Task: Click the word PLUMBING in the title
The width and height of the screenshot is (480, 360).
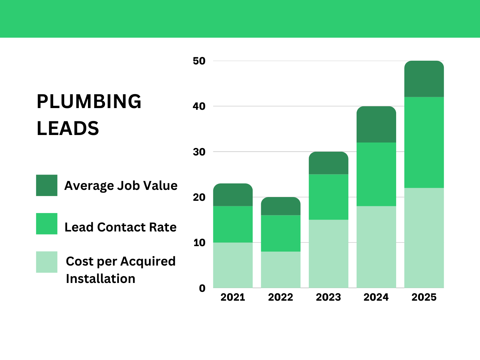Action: coord(89,102)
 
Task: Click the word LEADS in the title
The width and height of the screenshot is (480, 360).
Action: coord(67,129)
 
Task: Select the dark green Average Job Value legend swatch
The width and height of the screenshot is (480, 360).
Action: coord(47,185)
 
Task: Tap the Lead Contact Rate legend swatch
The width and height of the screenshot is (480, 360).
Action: coord(47,224)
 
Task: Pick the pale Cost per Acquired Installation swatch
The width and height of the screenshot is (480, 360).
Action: coord(47,262)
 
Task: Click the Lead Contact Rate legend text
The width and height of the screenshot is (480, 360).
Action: coord(120,227)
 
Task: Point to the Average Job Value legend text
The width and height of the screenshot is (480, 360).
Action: coord(121,186)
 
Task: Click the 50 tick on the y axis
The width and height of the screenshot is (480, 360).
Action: coord(199,61)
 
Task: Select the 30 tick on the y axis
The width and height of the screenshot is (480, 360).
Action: coord(199,152)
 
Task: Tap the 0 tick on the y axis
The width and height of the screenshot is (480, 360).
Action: coord(202,288)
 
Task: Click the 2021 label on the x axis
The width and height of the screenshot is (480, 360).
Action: coord(233,297)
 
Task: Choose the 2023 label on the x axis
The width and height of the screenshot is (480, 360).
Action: coord(328,297)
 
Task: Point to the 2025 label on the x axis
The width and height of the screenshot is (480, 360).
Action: coord(424,297)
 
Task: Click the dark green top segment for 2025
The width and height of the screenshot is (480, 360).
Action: coord(424,79)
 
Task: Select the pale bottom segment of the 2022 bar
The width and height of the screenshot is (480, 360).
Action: coord(281,270)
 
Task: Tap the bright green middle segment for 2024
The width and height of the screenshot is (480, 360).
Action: coord(376,174)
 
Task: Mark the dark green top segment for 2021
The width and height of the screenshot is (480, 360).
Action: coord(233,195)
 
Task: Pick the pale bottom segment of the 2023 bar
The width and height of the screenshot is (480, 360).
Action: coord(328,254)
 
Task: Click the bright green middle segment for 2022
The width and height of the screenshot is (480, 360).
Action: coord(281,233)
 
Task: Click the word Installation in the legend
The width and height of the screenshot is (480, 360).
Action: coord(101,279)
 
